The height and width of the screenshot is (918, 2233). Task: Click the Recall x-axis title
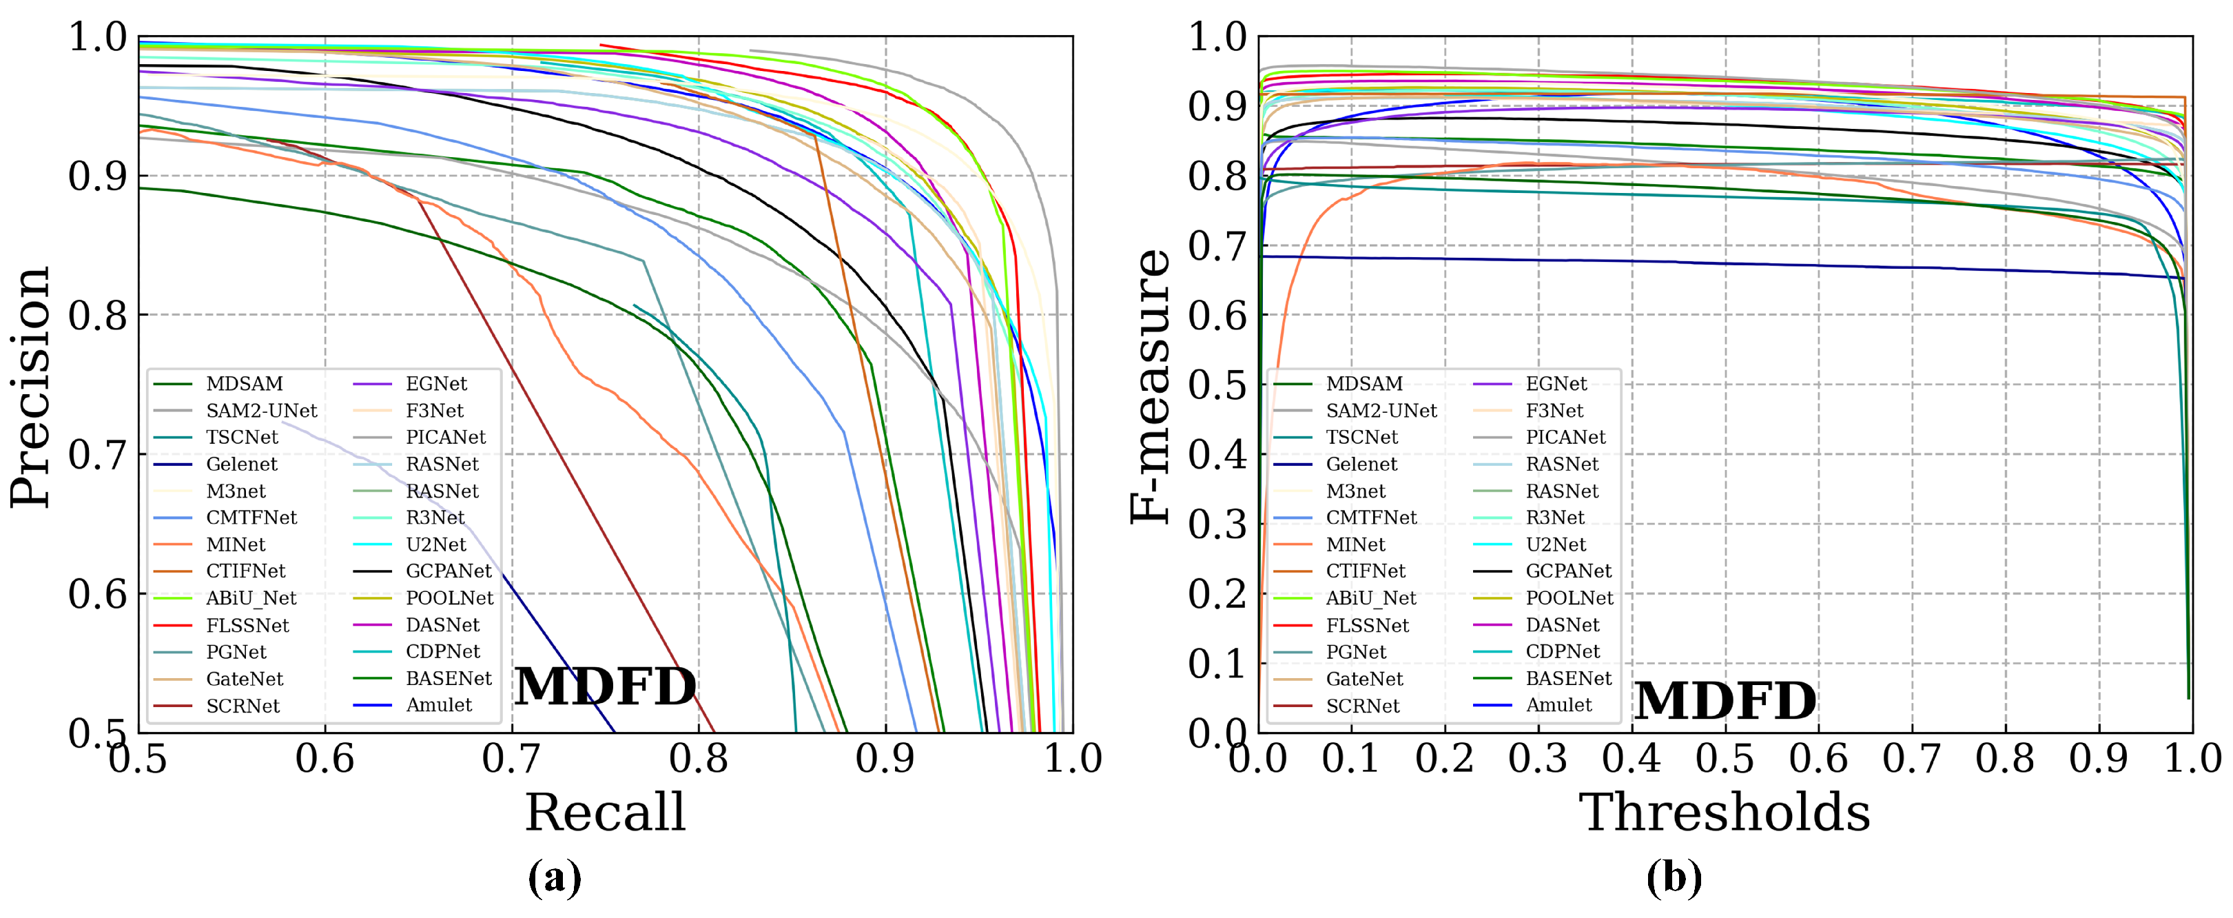[605, 813]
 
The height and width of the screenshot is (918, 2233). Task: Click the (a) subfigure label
[555, 877]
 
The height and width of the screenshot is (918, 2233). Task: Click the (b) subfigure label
[1674, 877]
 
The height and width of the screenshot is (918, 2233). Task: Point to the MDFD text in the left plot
[605, 686]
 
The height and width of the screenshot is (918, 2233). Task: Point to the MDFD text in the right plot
[1725, 700]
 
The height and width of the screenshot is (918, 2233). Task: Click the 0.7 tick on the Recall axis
[511, 759]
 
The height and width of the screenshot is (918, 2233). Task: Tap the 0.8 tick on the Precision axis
[97, 316]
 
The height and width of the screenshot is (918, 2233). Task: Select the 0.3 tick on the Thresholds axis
[1538, 759]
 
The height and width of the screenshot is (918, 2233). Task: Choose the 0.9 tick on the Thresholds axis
[2099, 759]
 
